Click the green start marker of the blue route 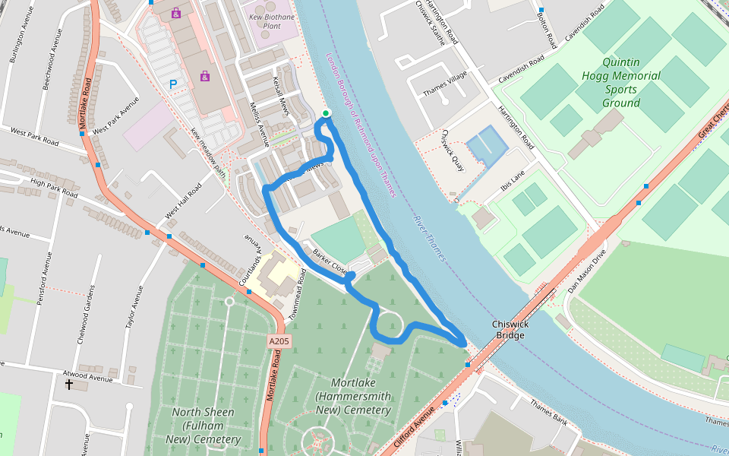[326, 114]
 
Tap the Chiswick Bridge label [510, 330]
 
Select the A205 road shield [279, 343]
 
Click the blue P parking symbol [173, 85]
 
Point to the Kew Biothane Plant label [271, 21]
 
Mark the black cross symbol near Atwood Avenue [69, 385]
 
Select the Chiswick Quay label [453, 150]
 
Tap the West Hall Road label [184, 202]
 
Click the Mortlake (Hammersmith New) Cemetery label [355, 396]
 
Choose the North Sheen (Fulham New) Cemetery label [203, 426]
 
